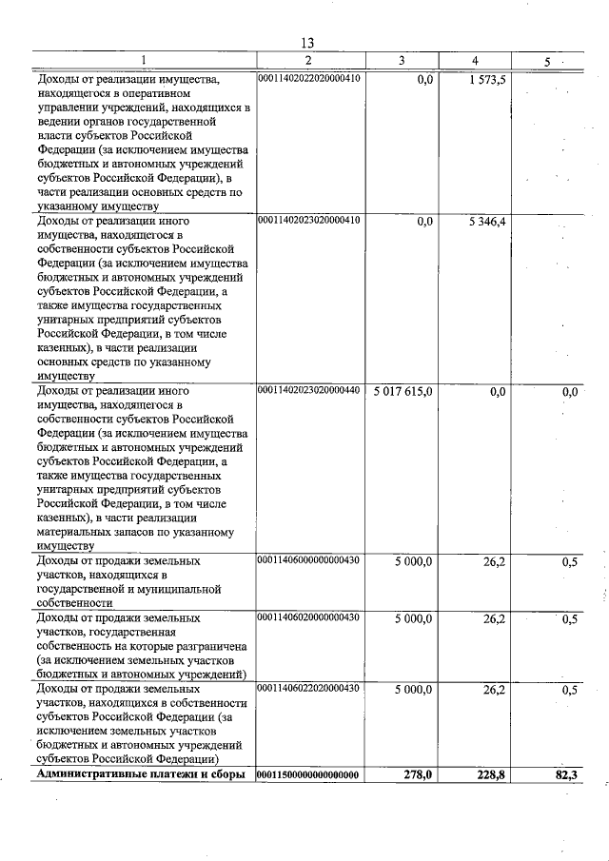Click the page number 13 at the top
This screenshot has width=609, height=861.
(307, 43)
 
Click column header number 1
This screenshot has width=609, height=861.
(144, 61)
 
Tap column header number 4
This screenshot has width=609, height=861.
(475, 61)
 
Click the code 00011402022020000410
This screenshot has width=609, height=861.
(308, 79)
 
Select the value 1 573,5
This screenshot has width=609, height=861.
(486, 80)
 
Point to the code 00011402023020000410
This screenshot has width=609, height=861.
(308, 220)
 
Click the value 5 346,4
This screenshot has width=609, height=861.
(486, 221)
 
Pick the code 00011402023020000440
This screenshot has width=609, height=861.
(308, 391)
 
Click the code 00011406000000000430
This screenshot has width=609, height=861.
(308, 560)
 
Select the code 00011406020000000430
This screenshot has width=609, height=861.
(308, 617)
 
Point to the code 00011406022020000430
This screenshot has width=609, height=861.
(308, 687)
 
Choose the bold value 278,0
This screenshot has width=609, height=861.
(417, 776)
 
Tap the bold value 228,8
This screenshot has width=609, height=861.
(489, 776)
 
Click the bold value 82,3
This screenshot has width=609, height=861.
(565, 776)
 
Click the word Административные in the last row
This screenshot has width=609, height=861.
(88, 775)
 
